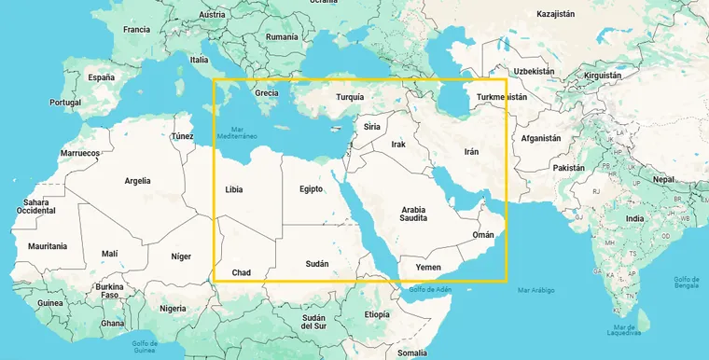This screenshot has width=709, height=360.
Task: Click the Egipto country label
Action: (311, 188)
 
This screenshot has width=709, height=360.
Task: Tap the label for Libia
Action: (234, 189)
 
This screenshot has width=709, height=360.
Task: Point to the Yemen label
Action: (428, 267)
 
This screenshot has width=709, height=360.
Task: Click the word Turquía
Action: (350, 97)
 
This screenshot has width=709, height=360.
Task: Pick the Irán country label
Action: (472, 150)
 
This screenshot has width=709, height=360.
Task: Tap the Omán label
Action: (483, 235)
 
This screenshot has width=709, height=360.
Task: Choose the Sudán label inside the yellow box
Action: (317, 265)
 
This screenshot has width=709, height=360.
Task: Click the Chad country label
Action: (242, 272)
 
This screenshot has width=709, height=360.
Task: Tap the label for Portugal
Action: (65, 103)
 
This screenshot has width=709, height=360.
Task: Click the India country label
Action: (634, 218)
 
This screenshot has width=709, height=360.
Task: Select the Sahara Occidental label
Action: (36, 206)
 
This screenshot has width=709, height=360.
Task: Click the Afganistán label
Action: (540, 137)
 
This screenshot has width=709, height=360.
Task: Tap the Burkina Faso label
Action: (110, 290)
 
